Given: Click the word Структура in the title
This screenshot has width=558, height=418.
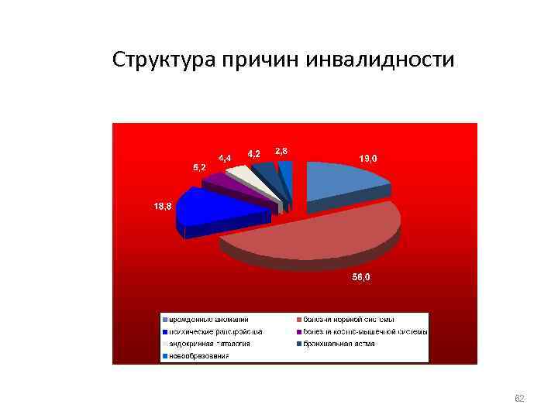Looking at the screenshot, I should pyautogui.click(x=164, y=60).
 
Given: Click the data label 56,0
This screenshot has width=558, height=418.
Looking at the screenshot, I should pyautogui.click(x=361, y=278).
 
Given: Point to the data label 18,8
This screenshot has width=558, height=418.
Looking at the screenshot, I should pyautogui.click(x=162, y=207).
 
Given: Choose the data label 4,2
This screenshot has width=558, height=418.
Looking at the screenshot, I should pyautogui.click(x=253, y=153).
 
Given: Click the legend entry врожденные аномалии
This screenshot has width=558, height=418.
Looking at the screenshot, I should pyautogui.click(x=205, y=319).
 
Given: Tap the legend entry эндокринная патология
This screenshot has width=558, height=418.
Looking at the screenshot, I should pyautogui.click(x=209, y=344).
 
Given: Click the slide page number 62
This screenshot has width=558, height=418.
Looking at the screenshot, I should pyautogui.click(x=520, y=399).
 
